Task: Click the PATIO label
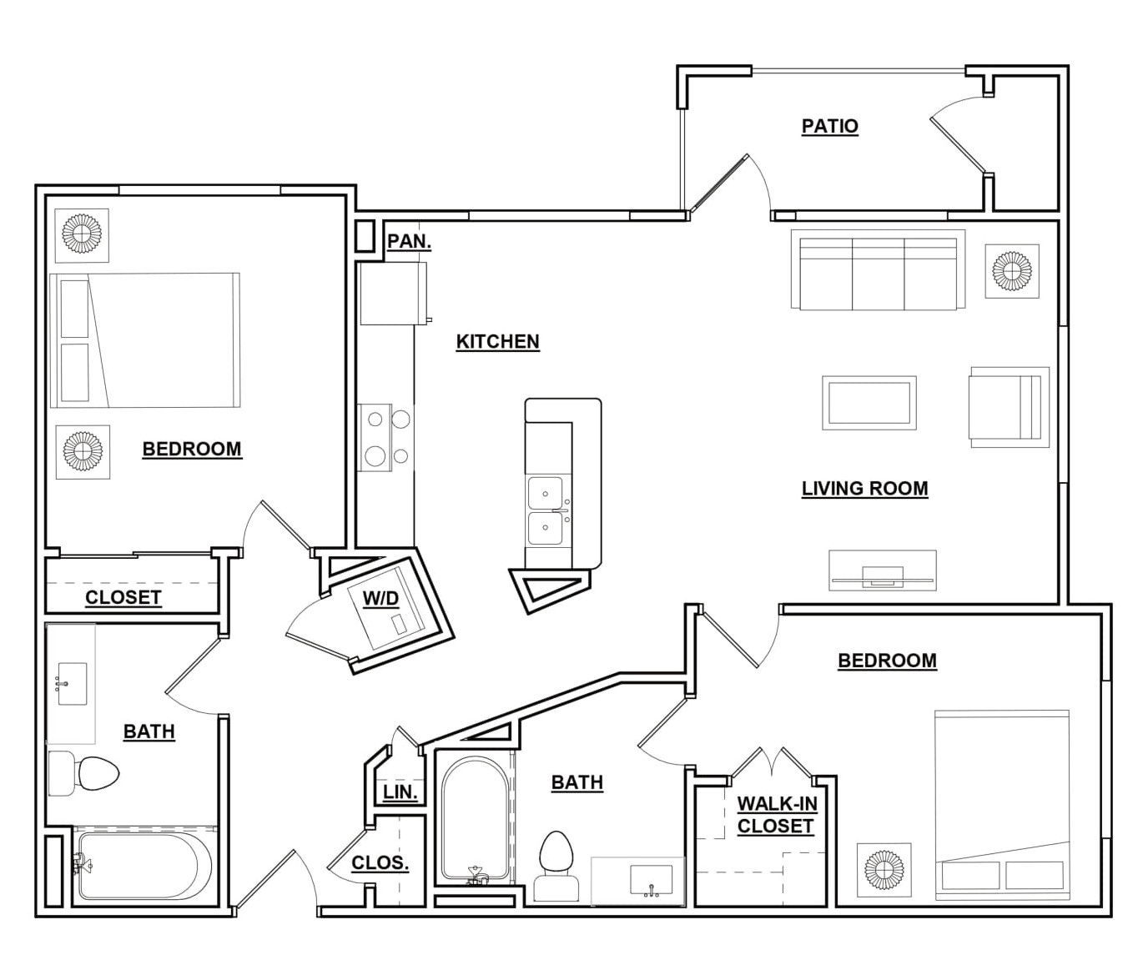click(829, 127)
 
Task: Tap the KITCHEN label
click(498, 342)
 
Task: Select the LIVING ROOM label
click(865, 489)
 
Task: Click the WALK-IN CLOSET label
click(777, 814)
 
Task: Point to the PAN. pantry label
click(410, 242)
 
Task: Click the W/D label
click(381, 599)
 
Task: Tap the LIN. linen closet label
click(400, 792)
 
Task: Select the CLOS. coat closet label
click(380, 863)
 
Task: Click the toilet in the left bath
click(84, 773)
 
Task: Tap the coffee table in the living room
click(869, 403)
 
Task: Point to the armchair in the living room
click(1010, 407)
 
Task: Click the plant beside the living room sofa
click(1012, 271)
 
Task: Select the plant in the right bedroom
click(884, 870)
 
